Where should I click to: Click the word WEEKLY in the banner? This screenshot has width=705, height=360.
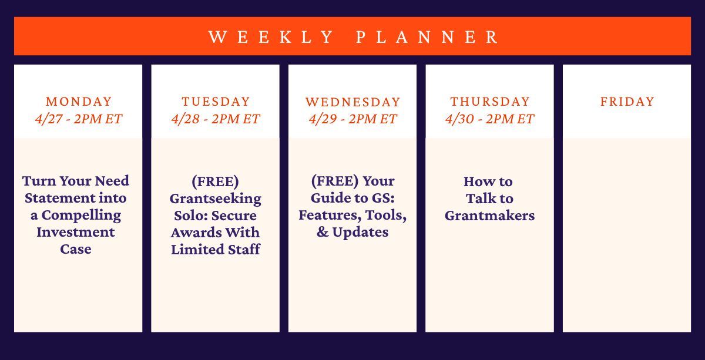click(x=271, y=37)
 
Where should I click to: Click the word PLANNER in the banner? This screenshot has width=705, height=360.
click(x=428, y=37)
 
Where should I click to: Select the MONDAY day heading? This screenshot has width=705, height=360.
click(x=78, y=102)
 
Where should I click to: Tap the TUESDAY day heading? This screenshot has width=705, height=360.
click(x=216, y=102)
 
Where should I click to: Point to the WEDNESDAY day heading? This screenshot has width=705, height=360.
click(x=352, y=102)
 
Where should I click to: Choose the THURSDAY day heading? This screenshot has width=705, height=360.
click(x=490, y=102)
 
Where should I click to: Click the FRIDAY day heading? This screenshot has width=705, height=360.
click(x=627, y=102)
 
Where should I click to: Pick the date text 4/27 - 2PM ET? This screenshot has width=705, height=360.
click(x=78, y=119)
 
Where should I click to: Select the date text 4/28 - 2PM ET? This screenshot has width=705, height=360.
click(x=216, y=119)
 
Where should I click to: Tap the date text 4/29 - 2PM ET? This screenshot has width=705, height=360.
click(x=352, y=119)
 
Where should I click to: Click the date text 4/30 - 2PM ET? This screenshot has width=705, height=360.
click(x=490, y=119)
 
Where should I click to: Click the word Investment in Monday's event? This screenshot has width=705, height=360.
click(x=76, y=232)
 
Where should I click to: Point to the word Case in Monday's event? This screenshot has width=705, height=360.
click(x=76, y=249)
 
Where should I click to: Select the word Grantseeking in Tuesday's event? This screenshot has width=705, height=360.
click(x=216, y=198)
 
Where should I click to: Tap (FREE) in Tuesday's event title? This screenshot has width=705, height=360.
click(x=216, y=181)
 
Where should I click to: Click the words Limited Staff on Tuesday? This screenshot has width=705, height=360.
click(x=216, y=249)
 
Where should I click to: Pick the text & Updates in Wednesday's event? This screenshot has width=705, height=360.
click(x=352, y=232)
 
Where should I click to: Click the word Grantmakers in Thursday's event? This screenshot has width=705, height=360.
click(x=489, y=216)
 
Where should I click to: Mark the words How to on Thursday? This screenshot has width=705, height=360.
click(x=488, y=181)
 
